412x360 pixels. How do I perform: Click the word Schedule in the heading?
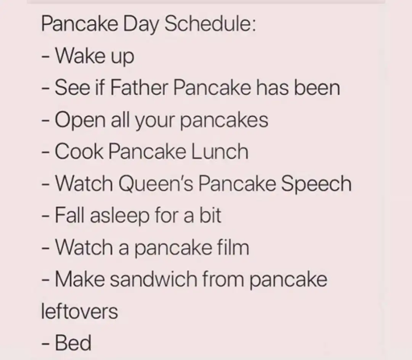tap(210, 23)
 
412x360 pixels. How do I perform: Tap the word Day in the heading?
tap(141, 25)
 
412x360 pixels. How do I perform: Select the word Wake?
tap(80, 56)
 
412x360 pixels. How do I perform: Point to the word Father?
tap(139, 87)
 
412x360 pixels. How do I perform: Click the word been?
tap(317, 87)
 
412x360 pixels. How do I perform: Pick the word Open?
tap(80, 121)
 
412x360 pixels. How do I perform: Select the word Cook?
tap(79, 151)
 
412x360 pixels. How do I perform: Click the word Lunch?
tap(220, 151)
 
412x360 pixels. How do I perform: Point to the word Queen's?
tap(156, 184)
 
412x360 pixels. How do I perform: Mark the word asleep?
tap(120, 216)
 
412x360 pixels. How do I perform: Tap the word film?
tap(233, 247)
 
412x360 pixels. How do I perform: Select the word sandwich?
tap(154, 279)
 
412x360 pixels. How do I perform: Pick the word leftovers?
tap(80, 311)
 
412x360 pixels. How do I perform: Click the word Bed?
tap(73, 342)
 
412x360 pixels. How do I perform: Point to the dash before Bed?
tap(46, 344)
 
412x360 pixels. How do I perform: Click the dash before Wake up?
tap(46, 56)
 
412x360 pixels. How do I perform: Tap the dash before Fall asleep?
tap(46, 216)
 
